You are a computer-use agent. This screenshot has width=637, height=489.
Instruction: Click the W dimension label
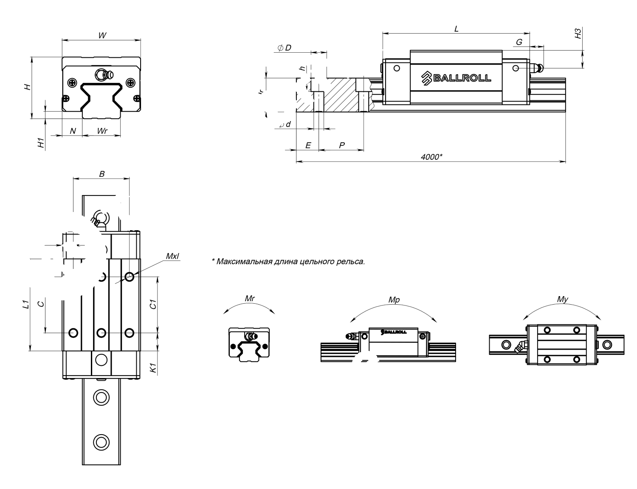pyautogui.click(x=102, y=35)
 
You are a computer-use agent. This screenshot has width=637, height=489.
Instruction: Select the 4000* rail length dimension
pyautogui.click(x=431, y=157)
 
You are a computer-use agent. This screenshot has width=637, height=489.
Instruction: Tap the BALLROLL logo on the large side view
pyautogui.click(x=456, y=77)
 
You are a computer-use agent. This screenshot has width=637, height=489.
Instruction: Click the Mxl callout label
pyautogui.click(x=172, y=256)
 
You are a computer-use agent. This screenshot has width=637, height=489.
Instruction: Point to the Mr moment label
pyautogui.click(x=250, y=298)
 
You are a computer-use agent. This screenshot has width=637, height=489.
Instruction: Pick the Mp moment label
pyautogui.click(x=394, y=300)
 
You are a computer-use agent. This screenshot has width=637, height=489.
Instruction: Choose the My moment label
pyautogui.click(x=562, y=300)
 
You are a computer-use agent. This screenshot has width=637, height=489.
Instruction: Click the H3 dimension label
pyautogui.click(x=578, y=34)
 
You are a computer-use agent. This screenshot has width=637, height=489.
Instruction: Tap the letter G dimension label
pyautogui.click(x=519, y=42)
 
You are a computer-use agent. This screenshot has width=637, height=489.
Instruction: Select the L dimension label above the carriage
pyautogui.click(x=456, y=29)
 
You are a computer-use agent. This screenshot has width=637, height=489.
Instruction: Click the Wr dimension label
pyautogui.click(x=102, y=131)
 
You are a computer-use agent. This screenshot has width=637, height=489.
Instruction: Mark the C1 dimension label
pyautogui.click(x=154, y=304)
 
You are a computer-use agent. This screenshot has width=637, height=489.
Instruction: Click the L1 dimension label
pyautogui.click(x=25, y=304)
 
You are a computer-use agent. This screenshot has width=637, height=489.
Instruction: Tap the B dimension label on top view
pyautogui.click(x=101, y=173)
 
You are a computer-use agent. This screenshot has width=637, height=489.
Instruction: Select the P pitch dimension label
pyautogui.click(x=342, y=145)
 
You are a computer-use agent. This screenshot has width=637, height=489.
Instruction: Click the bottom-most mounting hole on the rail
pyautogui.click(x=101, y=441)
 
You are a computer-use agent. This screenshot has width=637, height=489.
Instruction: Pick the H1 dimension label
pyautogui.click(x=41, y=143)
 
